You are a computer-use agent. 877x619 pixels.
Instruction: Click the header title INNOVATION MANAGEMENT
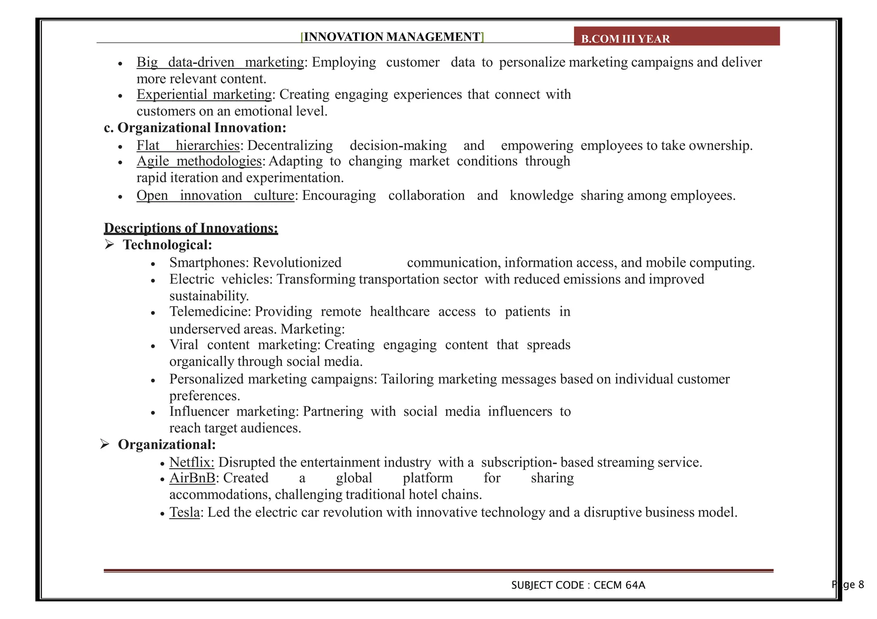click(x=392, y=37)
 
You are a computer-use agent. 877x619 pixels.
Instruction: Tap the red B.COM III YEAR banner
click(x=677, y=36)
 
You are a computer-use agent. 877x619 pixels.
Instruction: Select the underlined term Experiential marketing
click(x=204, y=94)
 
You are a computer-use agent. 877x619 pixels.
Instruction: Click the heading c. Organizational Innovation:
click(x=195, y=127)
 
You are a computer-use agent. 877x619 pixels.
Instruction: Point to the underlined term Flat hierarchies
click(x=188, y=145)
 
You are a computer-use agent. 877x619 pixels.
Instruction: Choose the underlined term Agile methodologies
click(x=199, y=161)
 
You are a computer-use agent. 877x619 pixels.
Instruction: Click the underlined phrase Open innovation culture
click(x=215, y=195)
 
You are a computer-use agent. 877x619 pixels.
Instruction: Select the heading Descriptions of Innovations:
click(x=191, y=228)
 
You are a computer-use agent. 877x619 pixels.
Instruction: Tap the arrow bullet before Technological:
click(x=110, y=245)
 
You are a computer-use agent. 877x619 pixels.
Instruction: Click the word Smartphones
click(x=209, y=263)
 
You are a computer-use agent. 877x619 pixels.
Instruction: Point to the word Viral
click(x=184, y=345)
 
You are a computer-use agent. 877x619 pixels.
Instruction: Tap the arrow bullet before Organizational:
click(x=105, y=444)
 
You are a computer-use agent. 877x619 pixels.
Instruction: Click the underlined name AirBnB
click(x=192, y=478)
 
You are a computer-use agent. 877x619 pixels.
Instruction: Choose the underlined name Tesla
click(x=185, y=512)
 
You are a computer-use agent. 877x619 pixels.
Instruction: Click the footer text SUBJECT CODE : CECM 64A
click(x=578, y=585)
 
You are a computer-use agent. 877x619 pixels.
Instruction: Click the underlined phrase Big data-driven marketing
click(x=220, y=62)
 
